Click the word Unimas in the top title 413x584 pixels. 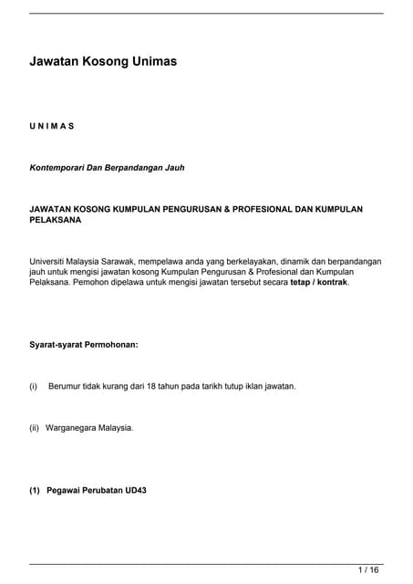149,61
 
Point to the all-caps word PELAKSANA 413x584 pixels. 56,220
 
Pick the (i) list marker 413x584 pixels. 34,386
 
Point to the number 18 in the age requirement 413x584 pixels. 154,386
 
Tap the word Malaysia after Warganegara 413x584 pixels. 116,427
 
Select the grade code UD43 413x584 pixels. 135,490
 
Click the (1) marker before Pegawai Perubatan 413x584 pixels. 36,490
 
